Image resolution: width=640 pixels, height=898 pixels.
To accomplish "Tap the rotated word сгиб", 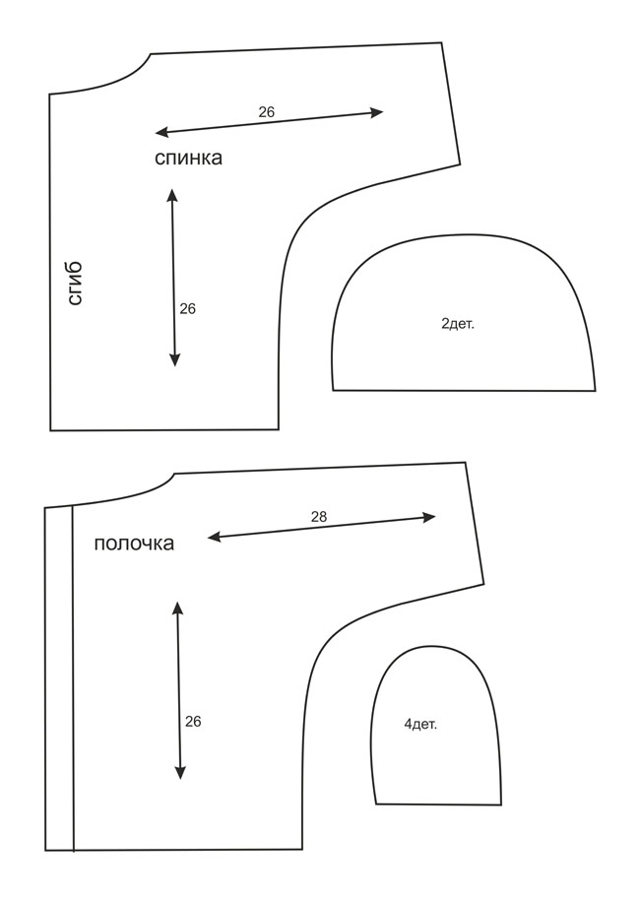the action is click(x=76, y=284).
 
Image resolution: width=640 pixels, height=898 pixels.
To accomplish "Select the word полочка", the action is click(x=134, y=543).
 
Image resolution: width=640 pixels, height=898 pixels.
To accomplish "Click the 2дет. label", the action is click(x=458, y=324).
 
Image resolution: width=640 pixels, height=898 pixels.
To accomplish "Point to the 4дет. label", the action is click(x=420, y=725).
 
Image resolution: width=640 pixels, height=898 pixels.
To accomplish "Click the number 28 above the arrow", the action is click(x=319, y=517).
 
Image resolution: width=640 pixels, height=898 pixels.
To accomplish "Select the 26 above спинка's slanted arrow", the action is click(x=266, y=111).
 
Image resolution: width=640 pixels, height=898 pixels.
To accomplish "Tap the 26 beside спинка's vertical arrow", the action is click(x=188, y=309).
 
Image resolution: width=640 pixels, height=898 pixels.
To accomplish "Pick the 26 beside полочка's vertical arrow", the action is click(x=193, y=721).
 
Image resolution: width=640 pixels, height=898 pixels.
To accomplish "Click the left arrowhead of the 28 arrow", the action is click(x=213, y=537).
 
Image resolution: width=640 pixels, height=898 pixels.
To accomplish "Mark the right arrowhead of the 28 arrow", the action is click(x=430, y=517).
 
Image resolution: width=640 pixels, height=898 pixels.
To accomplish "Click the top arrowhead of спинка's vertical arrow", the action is click(x=171, y=194).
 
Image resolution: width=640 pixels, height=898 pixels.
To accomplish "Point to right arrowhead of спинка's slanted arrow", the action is click(x=377, y=112).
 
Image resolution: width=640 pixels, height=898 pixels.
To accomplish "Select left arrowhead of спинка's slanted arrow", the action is click(x=161, y=133).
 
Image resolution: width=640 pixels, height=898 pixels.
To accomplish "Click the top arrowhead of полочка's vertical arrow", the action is click(x=178, y=608).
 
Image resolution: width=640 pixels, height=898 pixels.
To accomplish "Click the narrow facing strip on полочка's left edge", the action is click(x=59, y=678).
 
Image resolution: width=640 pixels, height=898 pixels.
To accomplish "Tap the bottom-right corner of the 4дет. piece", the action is click(x=501, y=804).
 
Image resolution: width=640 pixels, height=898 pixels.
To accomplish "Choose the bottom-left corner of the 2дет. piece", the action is click(x=333, y=391).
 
